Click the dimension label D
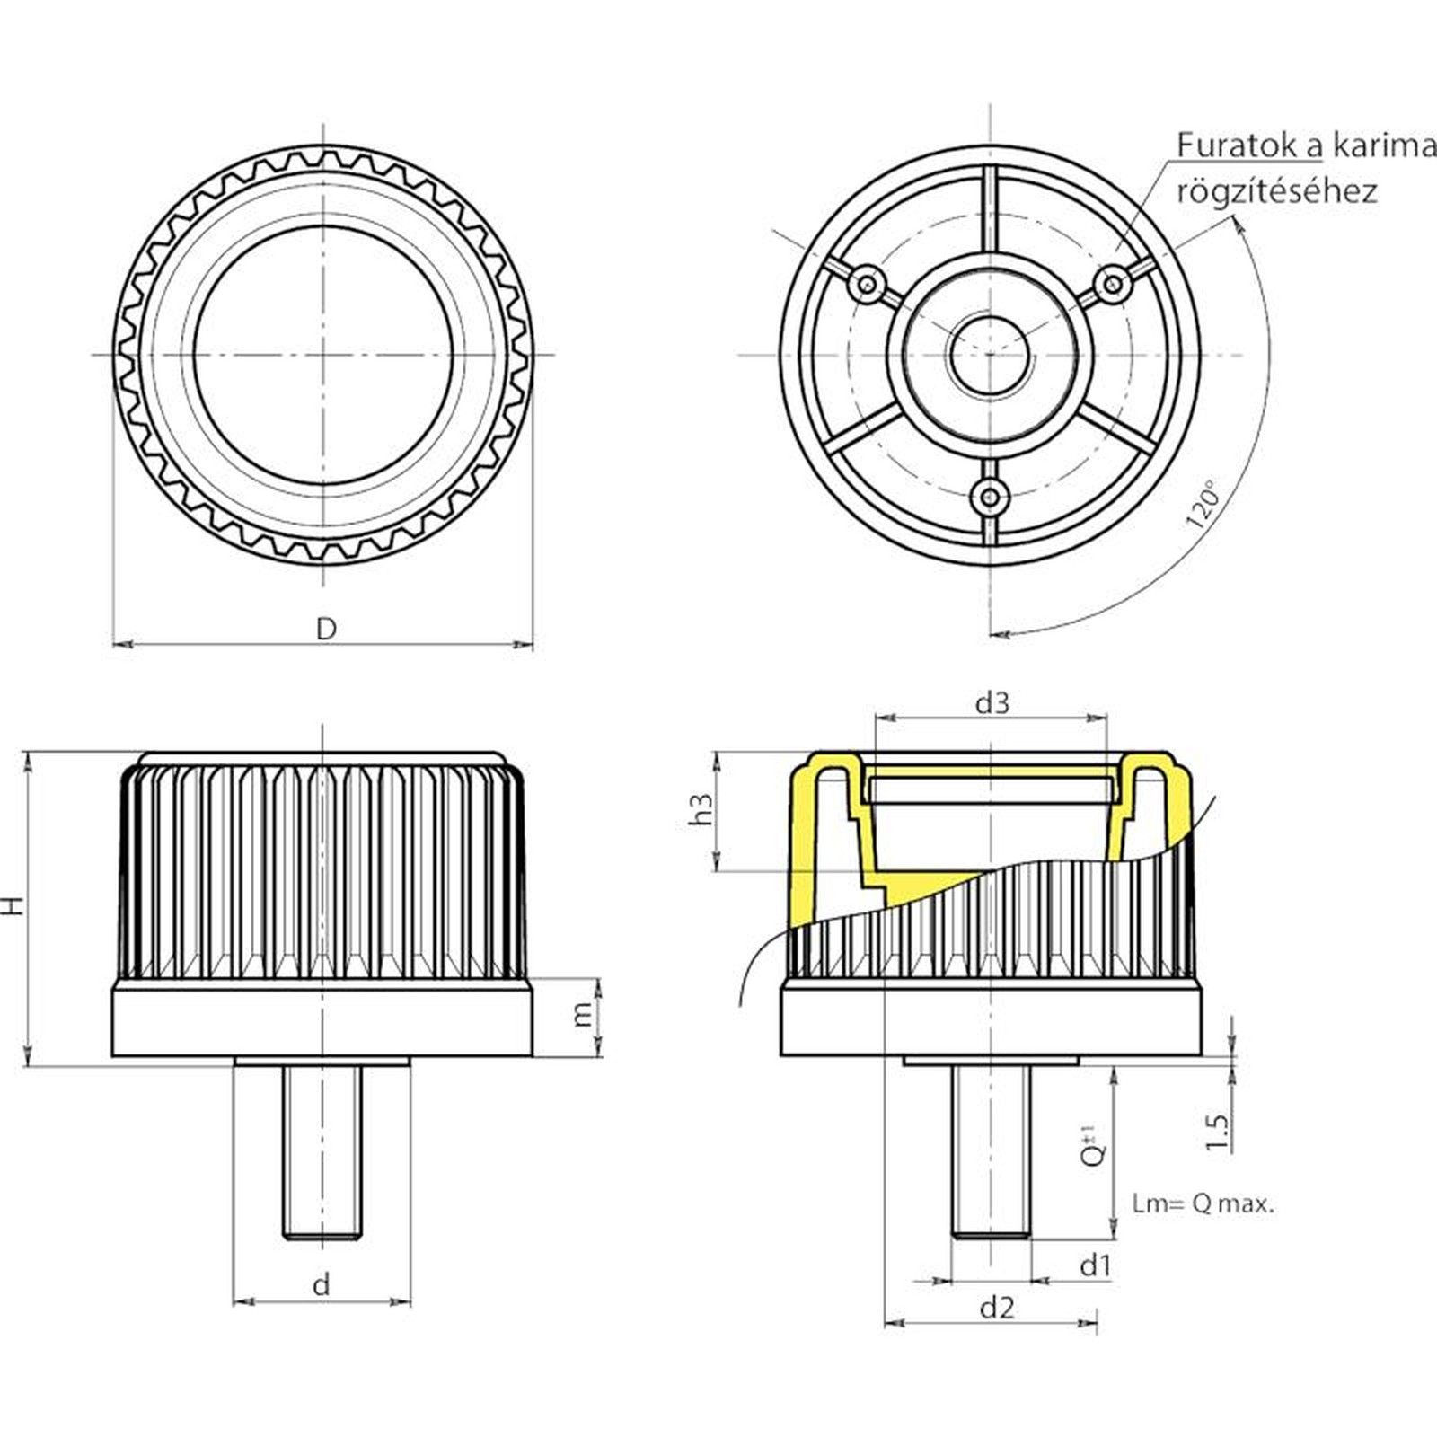point(325,629)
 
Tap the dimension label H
point(13,905)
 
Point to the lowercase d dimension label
point(321,1284)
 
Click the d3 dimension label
point(992,702)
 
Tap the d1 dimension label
point(1095,1265)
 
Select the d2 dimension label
point(996,1308)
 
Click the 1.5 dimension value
point(1217,1133)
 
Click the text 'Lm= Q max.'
point(1203,1204)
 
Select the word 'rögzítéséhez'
point(1276,191)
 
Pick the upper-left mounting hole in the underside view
point(868,285)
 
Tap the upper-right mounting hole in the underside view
point(1113,285)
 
